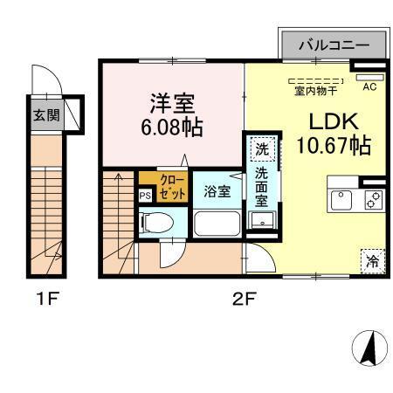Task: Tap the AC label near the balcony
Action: click(369, 86)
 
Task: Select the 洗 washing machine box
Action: click(261, 148)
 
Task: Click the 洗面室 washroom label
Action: click(261, 184)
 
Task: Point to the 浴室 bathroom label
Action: click(217, 190)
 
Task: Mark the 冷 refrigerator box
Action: click(372, 259)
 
